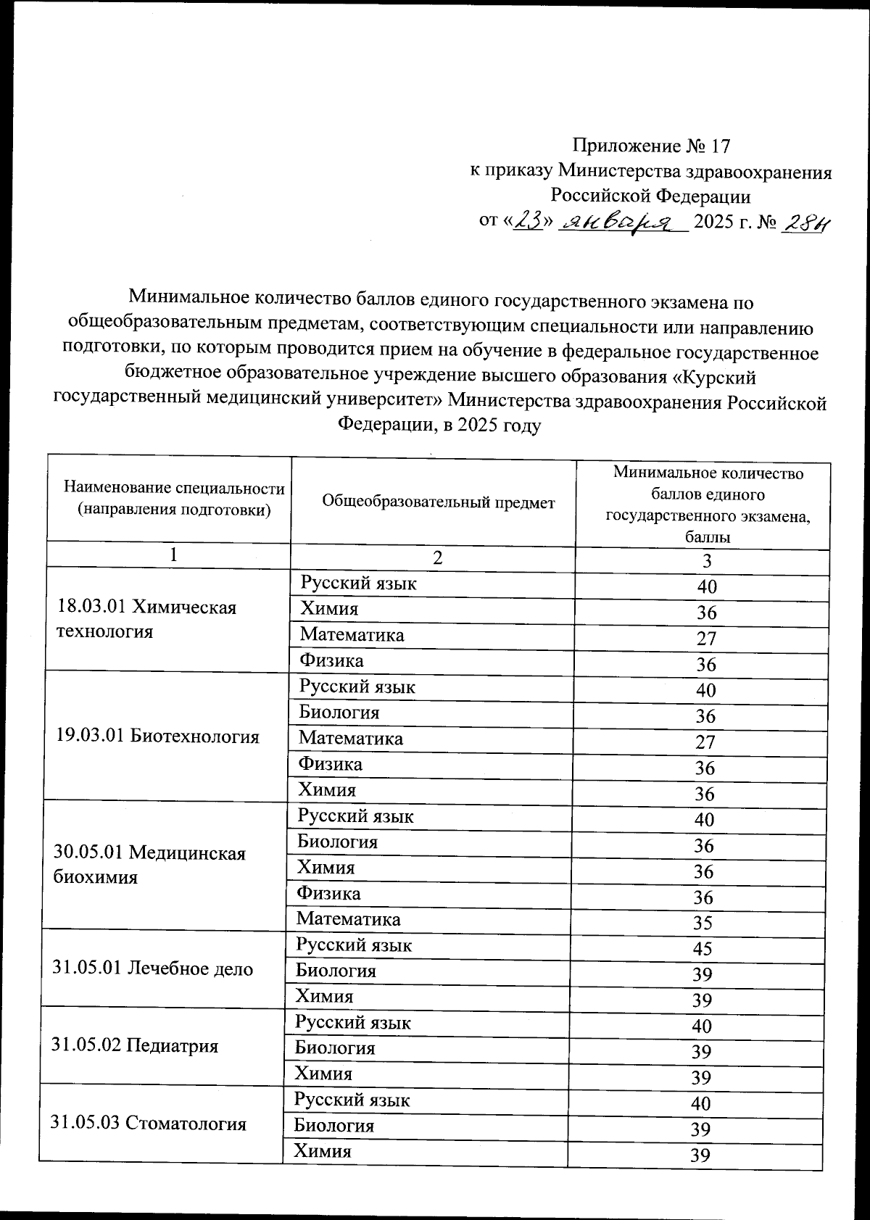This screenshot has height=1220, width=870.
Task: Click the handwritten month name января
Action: pyautogui.click(x=624, y=223)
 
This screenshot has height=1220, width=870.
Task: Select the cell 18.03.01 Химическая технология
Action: pyautogui.click(x=146, y=618)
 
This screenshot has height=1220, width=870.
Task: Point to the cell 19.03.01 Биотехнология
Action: pyautogui.click(x=157, y=736)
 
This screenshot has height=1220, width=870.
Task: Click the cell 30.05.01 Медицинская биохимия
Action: pyautogui.click(x=149, y=865)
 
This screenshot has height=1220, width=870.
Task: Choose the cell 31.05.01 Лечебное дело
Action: pyautogui.click(x=152, y=968)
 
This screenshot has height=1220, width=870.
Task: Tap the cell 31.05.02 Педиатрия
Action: pyautogui.click(x=135, y=1045)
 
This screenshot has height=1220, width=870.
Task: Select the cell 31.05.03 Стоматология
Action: pyautogui.click(x=148, y=1123)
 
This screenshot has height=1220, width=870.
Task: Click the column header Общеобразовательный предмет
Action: pyautogui.click(x=438, y=502)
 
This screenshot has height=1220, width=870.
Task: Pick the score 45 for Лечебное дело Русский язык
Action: pyautogui.click(x=702, y=948)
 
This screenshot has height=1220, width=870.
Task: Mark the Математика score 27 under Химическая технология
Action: pyautogui.click(x=706, y=639)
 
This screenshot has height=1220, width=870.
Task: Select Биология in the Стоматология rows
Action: pyautogui.click(x=333, y=1126)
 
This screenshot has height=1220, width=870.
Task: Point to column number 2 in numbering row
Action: pyautogui.click(x=436, y=557)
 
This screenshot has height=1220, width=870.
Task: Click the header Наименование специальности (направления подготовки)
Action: pyautogui.click(x=174, y=499)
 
